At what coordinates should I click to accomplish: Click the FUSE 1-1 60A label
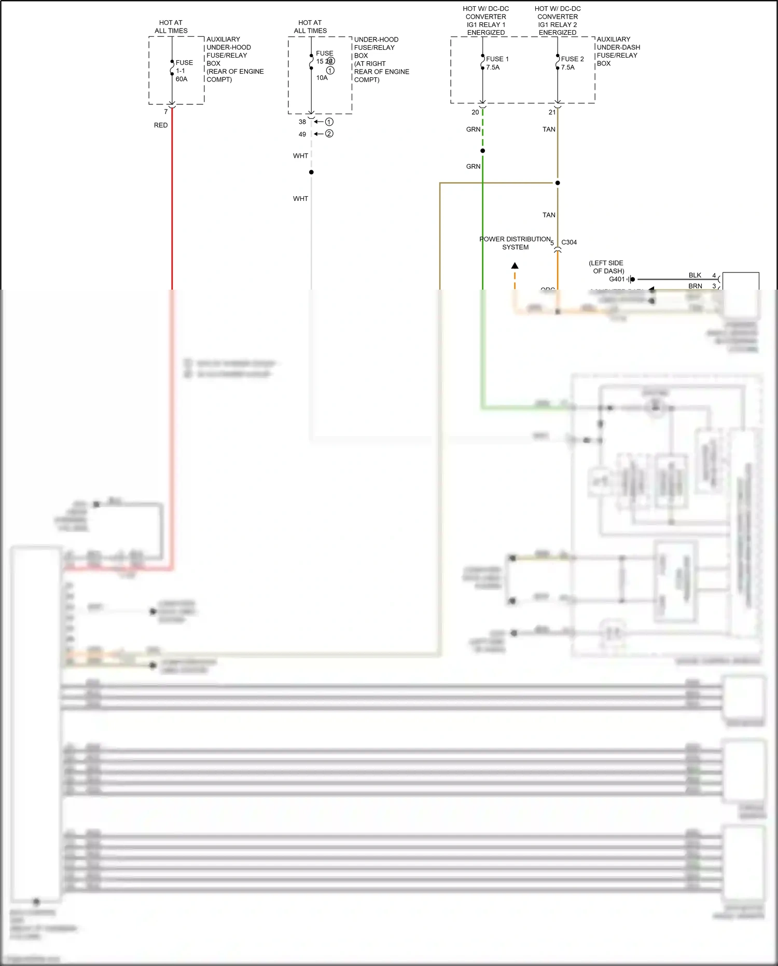[x=184, y=71]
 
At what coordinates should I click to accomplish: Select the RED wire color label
[x=161, y=125]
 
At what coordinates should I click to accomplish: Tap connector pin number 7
[x=166, y=112]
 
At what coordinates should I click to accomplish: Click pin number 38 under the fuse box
[x=302, y=122]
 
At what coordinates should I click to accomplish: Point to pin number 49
[x=302, y=134]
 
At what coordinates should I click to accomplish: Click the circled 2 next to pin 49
[x=329, y=134]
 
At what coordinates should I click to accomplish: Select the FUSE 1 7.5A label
[x=497, y=63]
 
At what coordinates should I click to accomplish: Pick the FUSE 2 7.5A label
[x=572, y=63]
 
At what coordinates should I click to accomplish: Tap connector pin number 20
[x=475, y=112]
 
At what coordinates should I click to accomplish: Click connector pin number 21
[x=552, y=112]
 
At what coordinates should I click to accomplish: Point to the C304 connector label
[x=569, y=242]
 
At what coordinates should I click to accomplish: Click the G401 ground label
[x=617, y=279]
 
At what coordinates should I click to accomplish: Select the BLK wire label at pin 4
[x=695, y=276]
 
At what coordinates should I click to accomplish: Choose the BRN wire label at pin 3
[x=695, y=286]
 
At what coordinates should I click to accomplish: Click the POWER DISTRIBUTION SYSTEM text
[x=515, y=243]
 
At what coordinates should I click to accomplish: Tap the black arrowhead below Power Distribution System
[x=515, y=266]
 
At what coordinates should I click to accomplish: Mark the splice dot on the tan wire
[x=558, y=183]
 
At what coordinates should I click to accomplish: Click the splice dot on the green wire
[x=483, y=151]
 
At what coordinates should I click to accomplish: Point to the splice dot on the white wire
[x=311, y=172]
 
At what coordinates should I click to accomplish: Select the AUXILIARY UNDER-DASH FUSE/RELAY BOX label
[x=618, y=51]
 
